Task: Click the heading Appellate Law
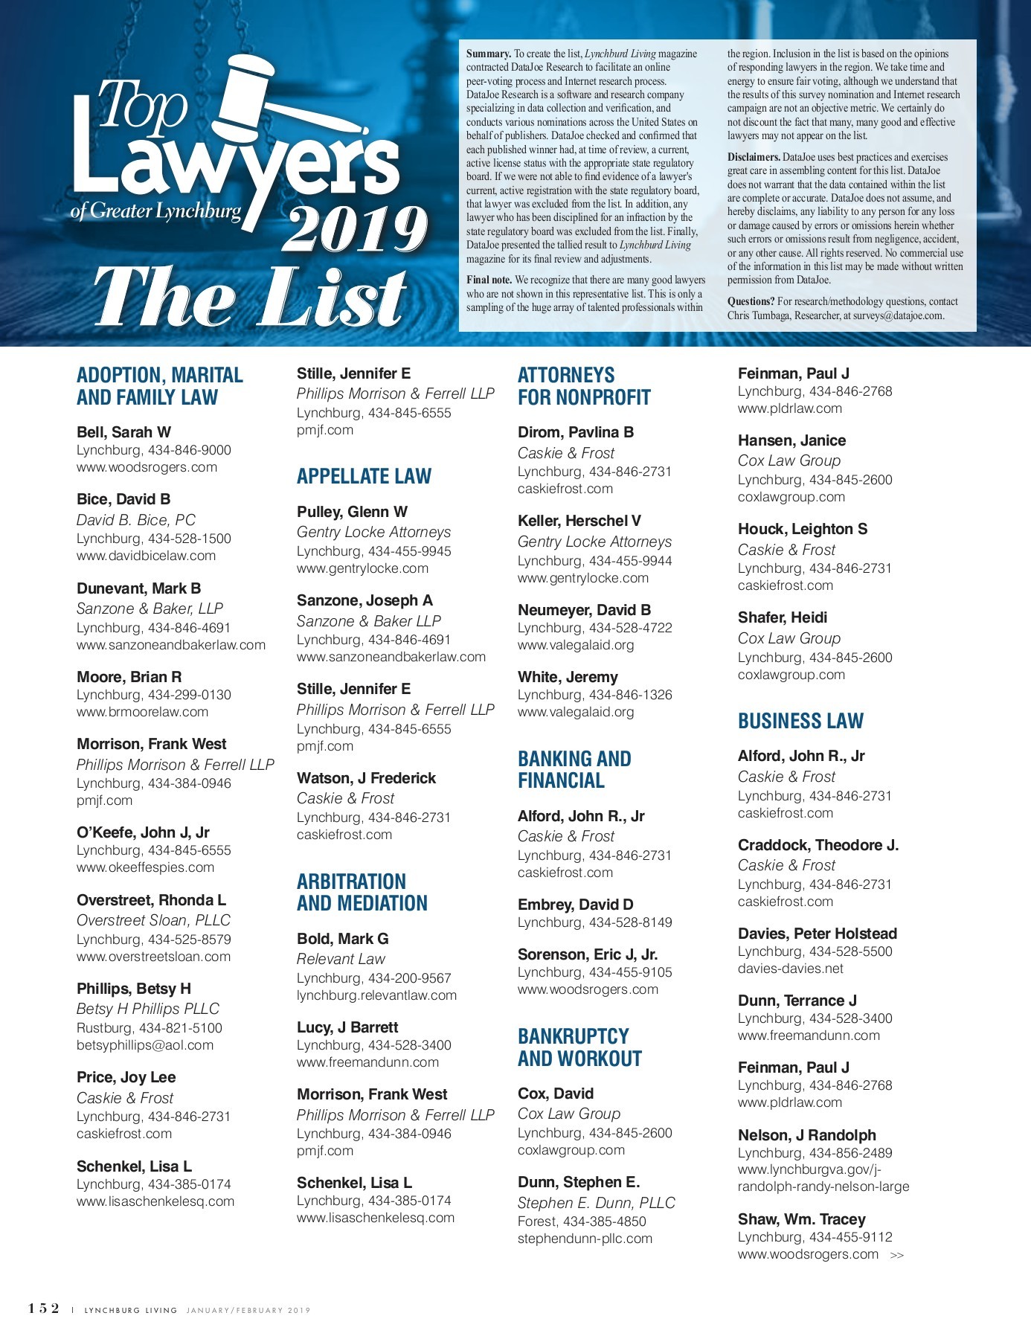click(364, 476)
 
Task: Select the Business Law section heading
click(800, 721)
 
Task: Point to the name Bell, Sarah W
click(123, 432)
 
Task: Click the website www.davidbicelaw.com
click(146, 556)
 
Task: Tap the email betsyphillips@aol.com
click(144, 1045)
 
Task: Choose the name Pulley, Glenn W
click(352, 512)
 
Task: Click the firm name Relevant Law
click(341, 959)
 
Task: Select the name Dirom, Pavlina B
click(575, 432)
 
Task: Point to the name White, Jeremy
click(568, 677)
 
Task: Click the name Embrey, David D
click(575, 905)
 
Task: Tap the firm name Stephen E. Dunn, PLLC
click(596, 1203)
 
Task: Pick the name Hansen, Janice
click(791, 440)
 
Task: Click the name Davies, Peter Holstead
click(817, 934)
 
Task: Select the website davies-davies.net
click(790, 969)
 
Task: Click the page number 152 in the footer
click(44, 1309)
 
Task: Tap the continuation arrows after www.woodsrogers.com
click(897, 1256)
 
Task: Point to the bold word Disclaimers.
click(754, 157)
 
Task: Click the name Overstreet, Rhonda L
click(151, 900)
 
